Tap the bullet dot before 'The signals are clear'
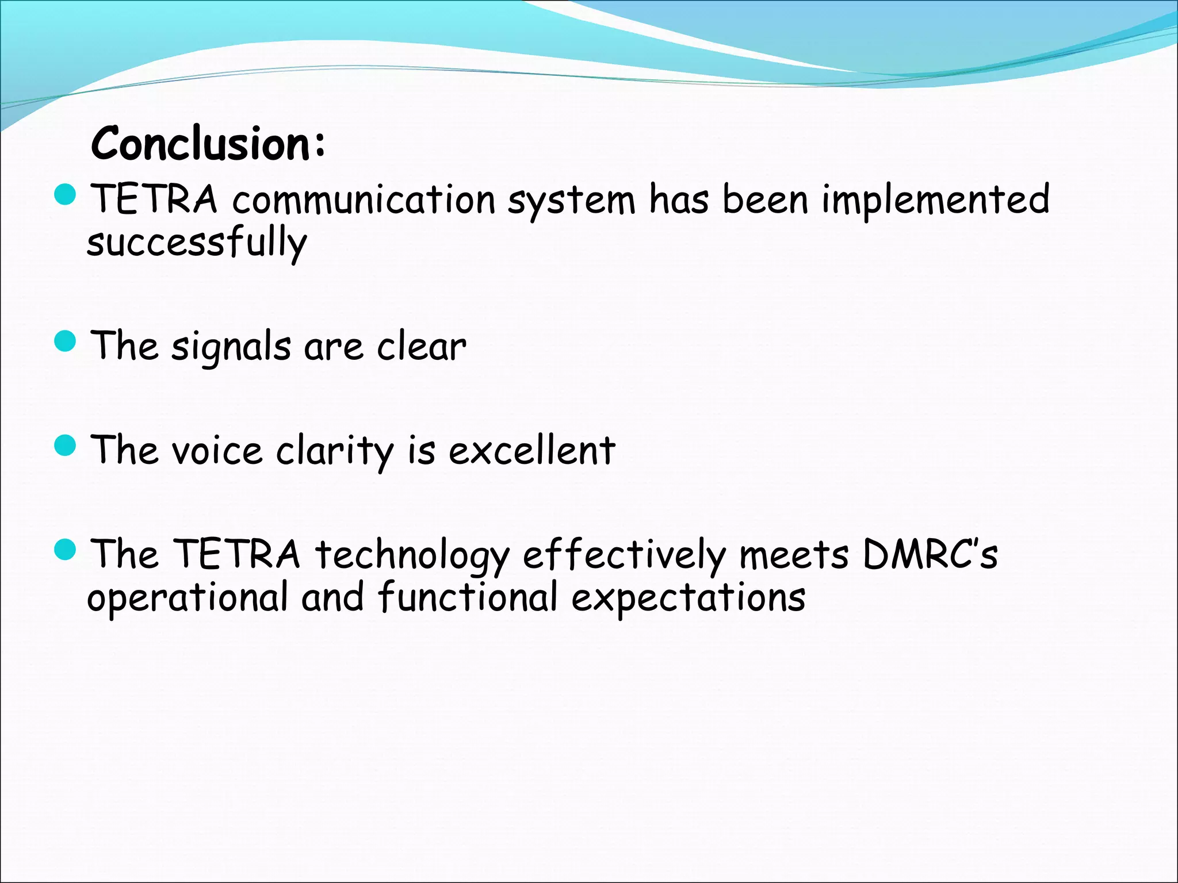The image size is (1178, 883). point(65,341)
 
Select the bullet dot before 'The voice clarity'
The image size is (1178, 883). point(65,445)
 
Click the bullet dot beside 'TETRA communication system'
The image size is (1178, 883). point(65,194)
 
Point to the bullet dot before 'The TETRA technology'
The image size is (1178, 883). point(65,550)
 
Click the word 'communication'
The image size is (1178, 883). point(364,200)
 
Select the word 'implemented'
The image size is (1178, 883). point(935,200)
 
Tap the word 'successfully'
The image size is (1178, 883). point(197,243)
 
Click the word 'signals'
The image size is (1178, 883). point(231,347)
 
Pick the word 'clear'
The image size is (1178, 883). point(421,347)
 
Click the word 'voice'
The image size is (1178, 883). point(217,451)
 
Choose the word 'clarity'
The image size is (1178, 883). point(335,451)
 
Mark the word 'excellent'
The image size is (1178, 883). point(531,451)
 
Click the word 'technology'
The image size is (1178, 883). point(412,555)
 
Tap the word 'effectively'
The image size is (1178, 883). point(624,555)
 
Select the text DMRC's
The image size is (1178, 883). point(930,555)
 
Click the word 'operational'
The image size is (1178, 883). point(188,598)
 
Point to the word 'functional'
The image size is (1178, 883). point(468,598)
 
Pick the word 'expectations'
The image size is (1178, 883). point(688,598)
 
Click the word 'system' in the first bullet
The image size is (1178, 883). point(571,200)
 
